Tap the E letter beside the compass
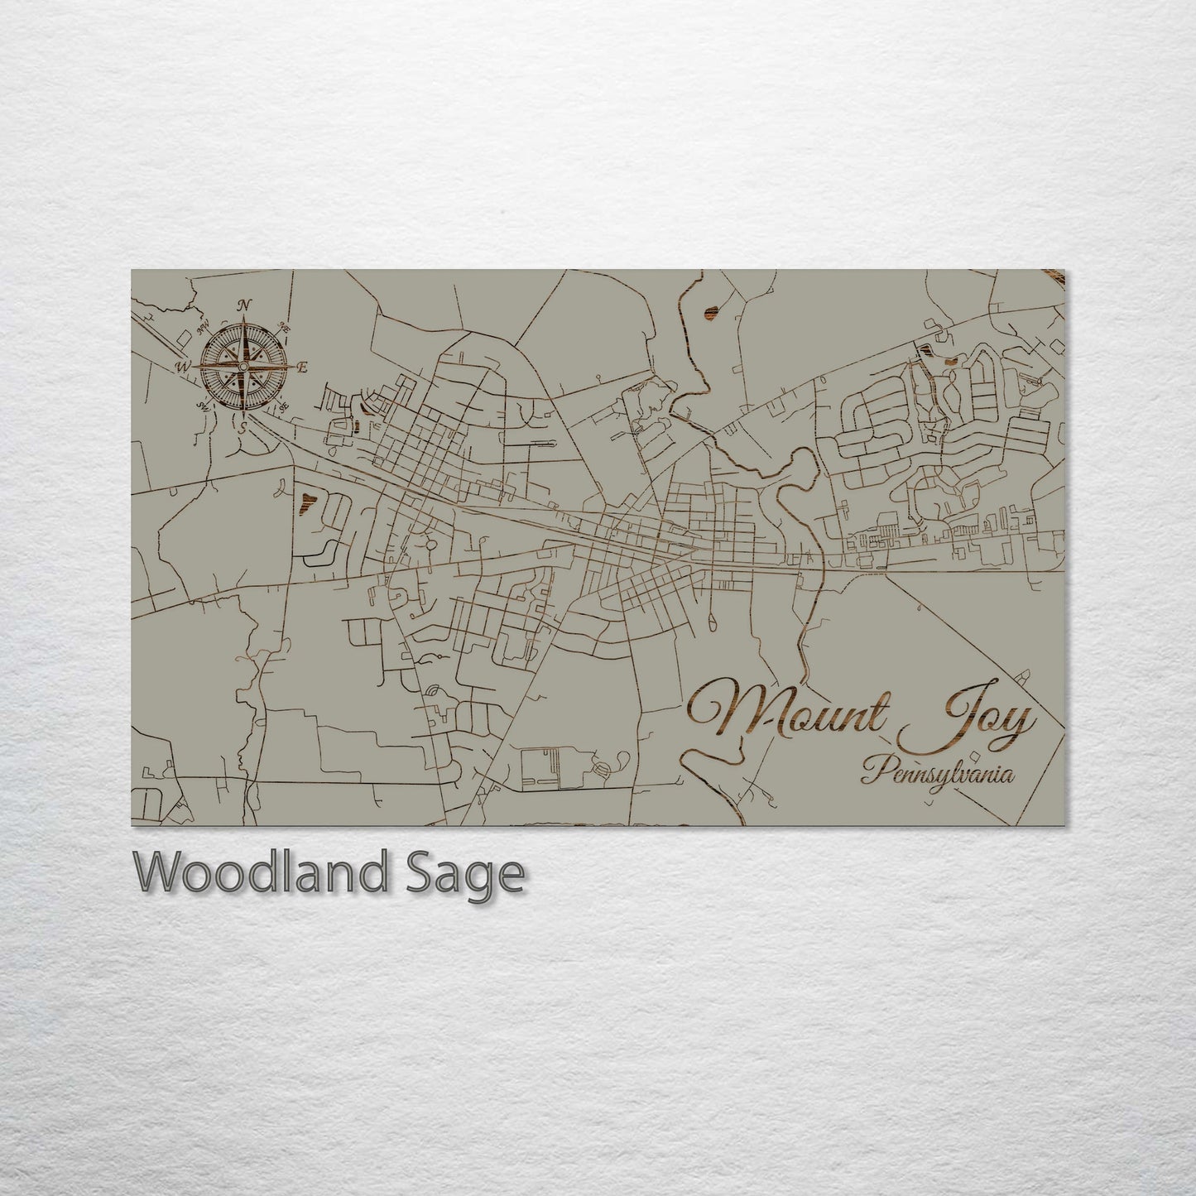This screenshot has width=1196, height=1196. (x=302, y=367)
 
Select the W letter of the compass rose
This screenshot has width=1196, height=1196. (x=182, y=365)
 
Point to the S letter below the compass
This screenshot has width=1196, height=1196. (x=243, y=427)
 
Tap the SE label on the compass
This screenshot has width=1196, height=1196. (x=283, y=406)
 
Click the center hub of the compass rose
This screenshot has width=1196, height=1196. (x=243, y=367)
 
